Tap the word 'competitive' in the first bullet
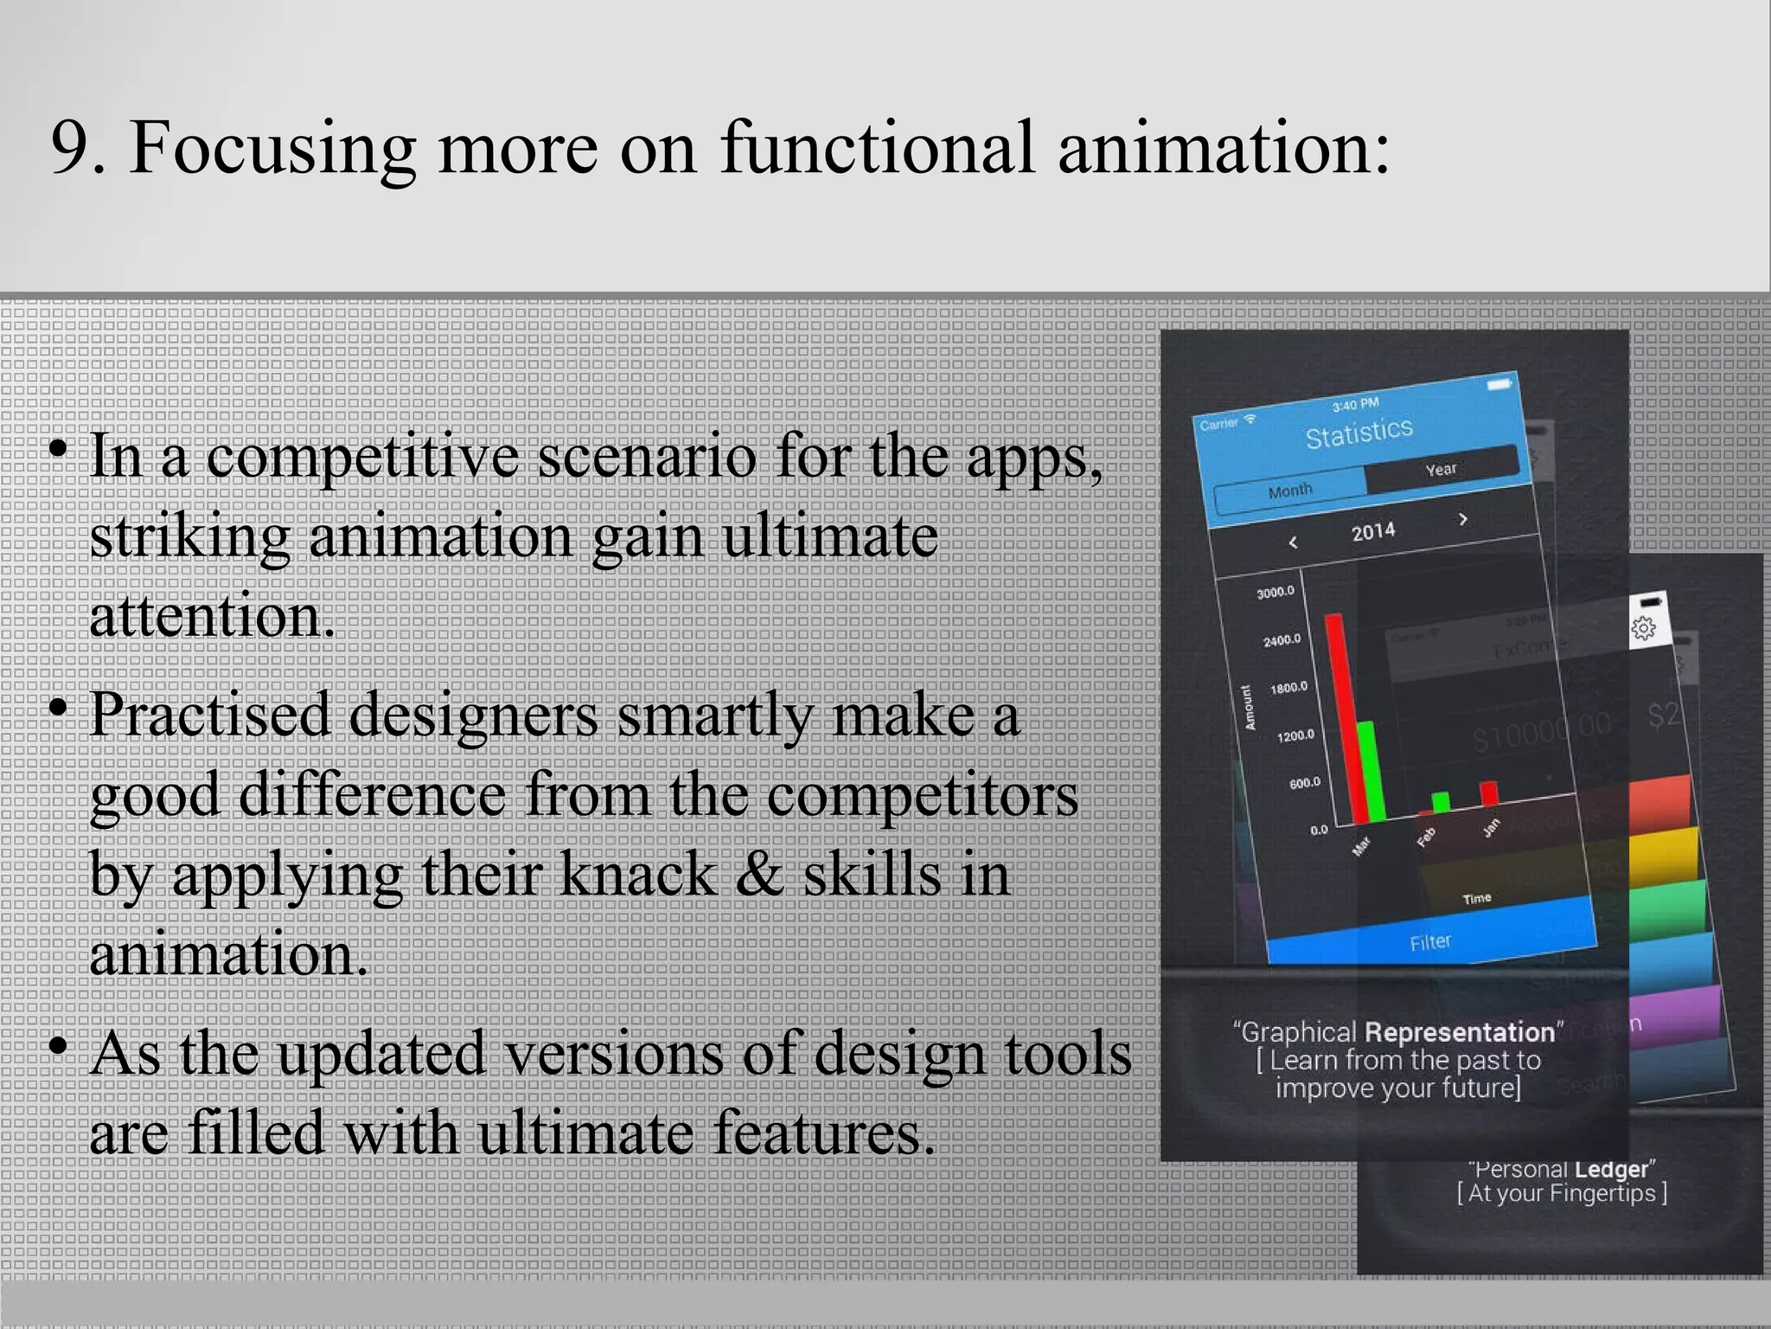[362, 456]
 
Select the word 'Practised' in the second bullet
[210, 715]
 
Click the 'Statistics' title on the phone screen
[1359, 433]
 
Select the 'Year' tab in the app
[1441, 469]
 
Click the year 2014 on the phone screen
[1373, 531]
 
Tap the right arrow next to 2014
[1463, 519]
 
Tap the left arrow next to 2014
[1293, 543]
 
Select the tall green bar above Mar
[1372, 770]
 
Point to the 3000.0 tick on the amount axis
[1276, 592]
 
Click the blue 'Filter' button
[1430, 941]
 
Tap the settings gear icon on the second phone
[1643, 628]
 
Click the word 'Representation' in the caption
[1460, 1032]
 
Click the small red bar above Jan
[1489, 793]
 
